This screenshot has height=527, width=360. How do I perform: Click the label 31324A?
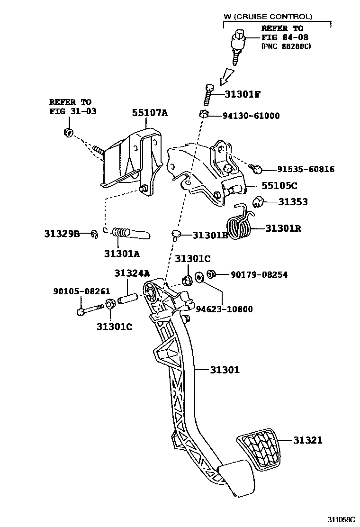[132, 273]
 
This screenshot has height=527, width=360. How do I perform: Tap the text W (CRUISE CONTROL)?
[268, 17]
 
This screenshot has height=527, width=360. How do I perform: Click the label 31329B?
[62, 233]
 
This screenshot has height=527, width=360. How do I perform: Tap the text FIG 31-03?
[71, 111]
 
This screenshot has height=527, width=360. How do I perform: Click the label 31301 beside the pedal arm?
[225, 370]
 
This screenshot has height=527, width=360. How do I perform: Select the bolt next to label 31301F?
[209, 96]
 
